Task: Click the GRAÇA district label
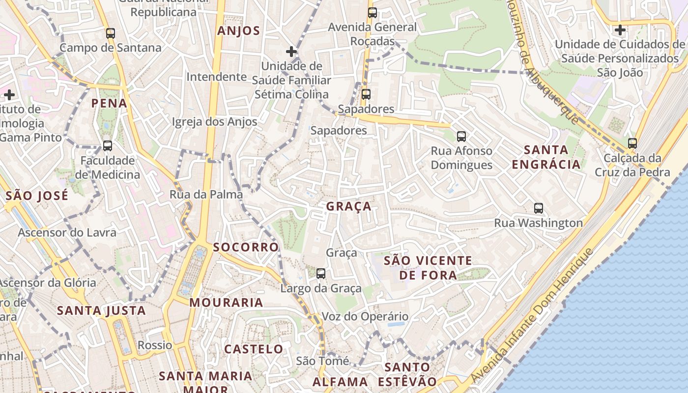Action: coord(349,207)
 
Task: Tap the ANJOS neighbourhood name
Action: coord(238,31)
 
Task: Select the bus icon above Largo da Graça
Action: coord(321,274)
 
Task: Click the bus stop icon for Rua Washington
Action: coord(539,208)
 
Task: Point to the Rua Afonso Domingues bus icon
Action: coord(461,136)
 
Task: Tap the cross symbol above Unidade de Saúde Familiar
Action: coord(291,51)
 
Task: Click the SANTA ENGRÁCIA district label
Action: coord(546,157)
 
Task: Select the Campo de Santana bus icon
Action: coord(111,33)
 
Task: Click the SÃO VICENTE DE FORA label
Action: coord(428,268)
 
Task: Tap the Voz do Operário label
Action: coord(365,316)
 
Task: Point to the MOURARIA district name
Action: coord(227,303)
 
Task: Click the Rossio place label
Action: coord(155,345)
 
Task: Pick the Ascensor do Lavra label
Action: coord(67,232)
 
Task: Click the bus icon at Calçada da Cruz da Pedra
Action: coord(632,143)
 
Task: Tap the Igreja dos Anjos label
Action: coord(214,122)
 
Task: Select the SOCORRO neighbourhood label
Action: coord(246,247)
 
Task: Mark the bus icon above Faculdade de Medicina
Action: coord(108,146)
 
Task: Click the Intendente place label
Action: coord(216,77)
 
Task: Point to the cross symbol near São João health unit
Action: coord(620,30)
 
